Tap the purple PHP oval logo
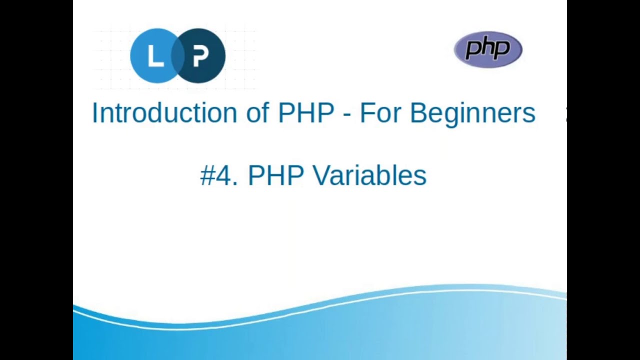tap(488, 49)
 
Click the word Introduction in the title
tap(164, 113)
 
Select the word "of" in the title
tap(257, 113)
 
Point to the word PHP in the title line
tap(306, 113)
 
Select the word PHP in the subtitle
tap(276, 176)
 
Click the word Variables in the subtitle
tap(369, 176)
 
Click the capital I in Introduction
tap(94, 113)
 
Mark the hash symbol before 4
tap(207, 176)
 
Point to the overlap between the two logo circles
tap(178, 56)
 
